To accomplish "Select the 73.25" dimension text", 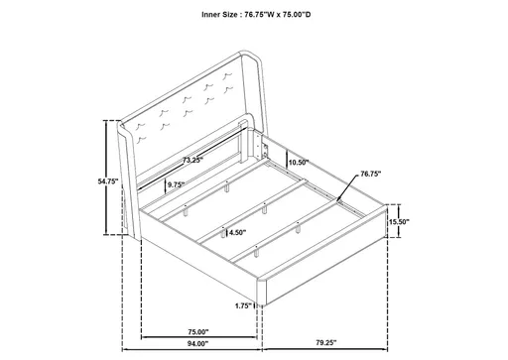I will tap(192, 160).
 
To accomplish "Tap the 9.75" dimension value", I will tap(177, 184).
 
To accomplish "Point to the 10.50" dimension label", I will tap(298, 161).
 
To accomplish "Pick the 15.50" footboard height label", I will tap(400, 222).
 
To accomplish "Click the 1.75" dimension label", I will tap(243, 305).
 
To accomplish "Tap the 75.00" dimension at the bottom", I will tap(196, 331).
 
